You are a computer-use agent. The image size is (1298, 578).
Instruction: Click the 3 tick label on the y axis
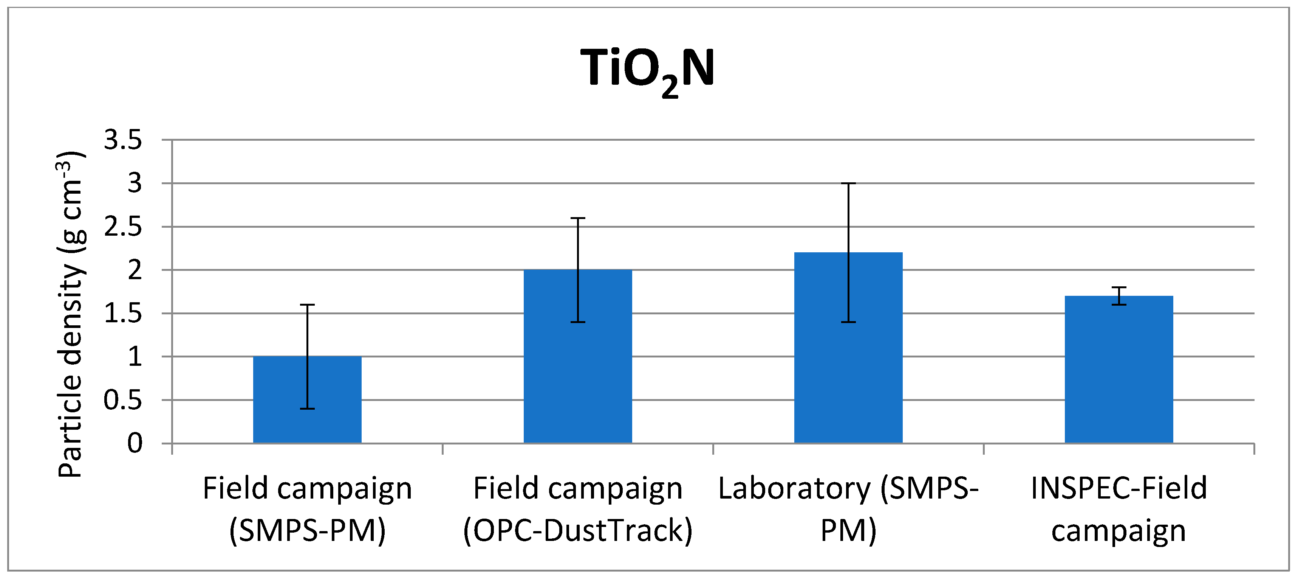(135, 183)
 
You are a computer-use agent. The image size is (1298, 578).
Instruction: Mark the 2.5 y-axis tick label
(123, 227)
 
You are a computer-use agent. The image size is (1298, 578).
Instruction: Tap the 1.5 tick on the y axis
(123, 313)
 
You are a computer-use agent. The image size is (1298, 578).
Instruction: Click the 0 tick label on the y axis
(135, 443)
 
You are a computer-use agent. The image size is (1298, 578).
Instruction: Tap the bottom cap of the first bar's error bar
(307, 409)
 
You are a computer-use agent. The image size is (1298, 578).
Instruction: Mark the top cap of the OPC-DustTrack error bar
(577, 218)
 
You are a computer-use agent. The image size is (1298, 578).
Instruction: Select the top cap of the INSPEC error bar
(1119, 287)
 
